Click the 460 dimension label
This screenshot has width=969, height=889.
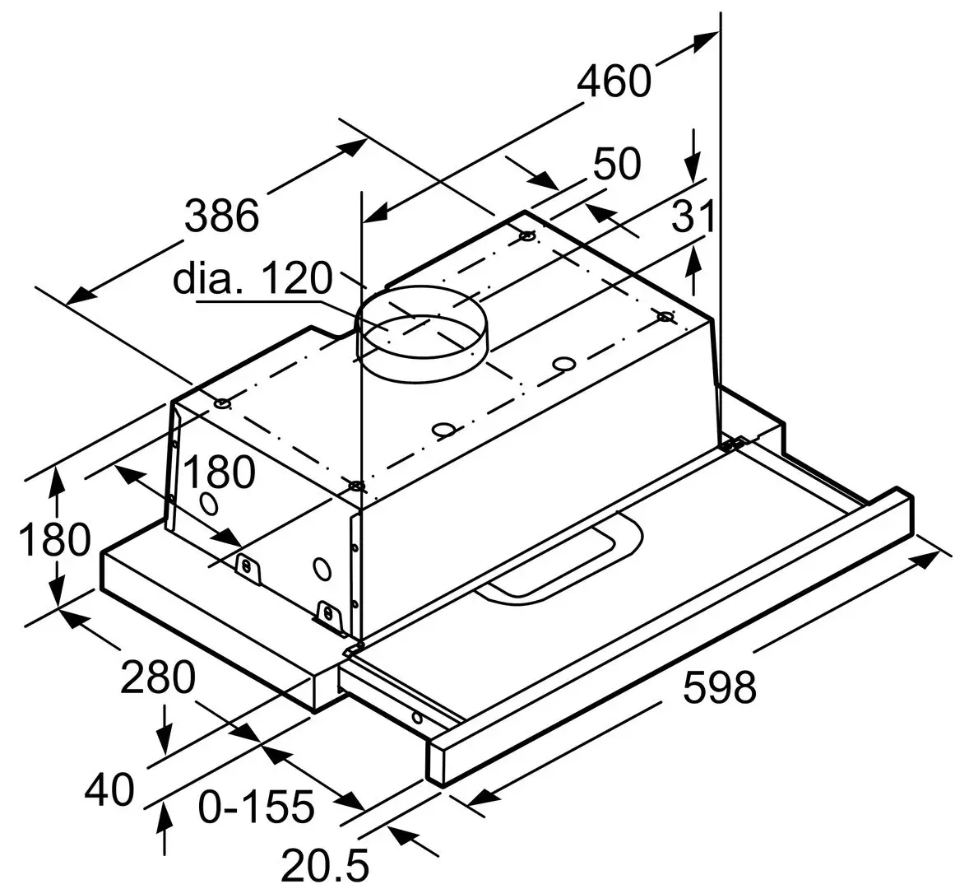coord(614,81)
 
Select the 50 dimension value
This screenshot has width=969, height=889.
coord(617,164)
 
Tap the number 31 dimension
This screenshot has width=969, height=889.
coord(693,218)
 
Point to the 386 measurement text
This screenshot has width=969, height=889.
coord(221,216)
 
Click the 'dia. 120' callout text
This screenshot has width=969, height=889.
coord(252,279)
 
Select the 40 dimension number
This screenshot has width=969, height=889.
coord(109,791)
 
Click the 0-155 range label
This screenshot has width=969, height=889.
coord(257,807)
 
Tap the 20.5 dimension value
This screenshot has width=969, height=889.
coord(324,864)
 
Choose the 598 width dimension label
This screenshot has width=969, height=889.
coord(719,687)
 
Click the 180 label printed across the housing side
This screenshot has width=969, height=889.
coord(219,474)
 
